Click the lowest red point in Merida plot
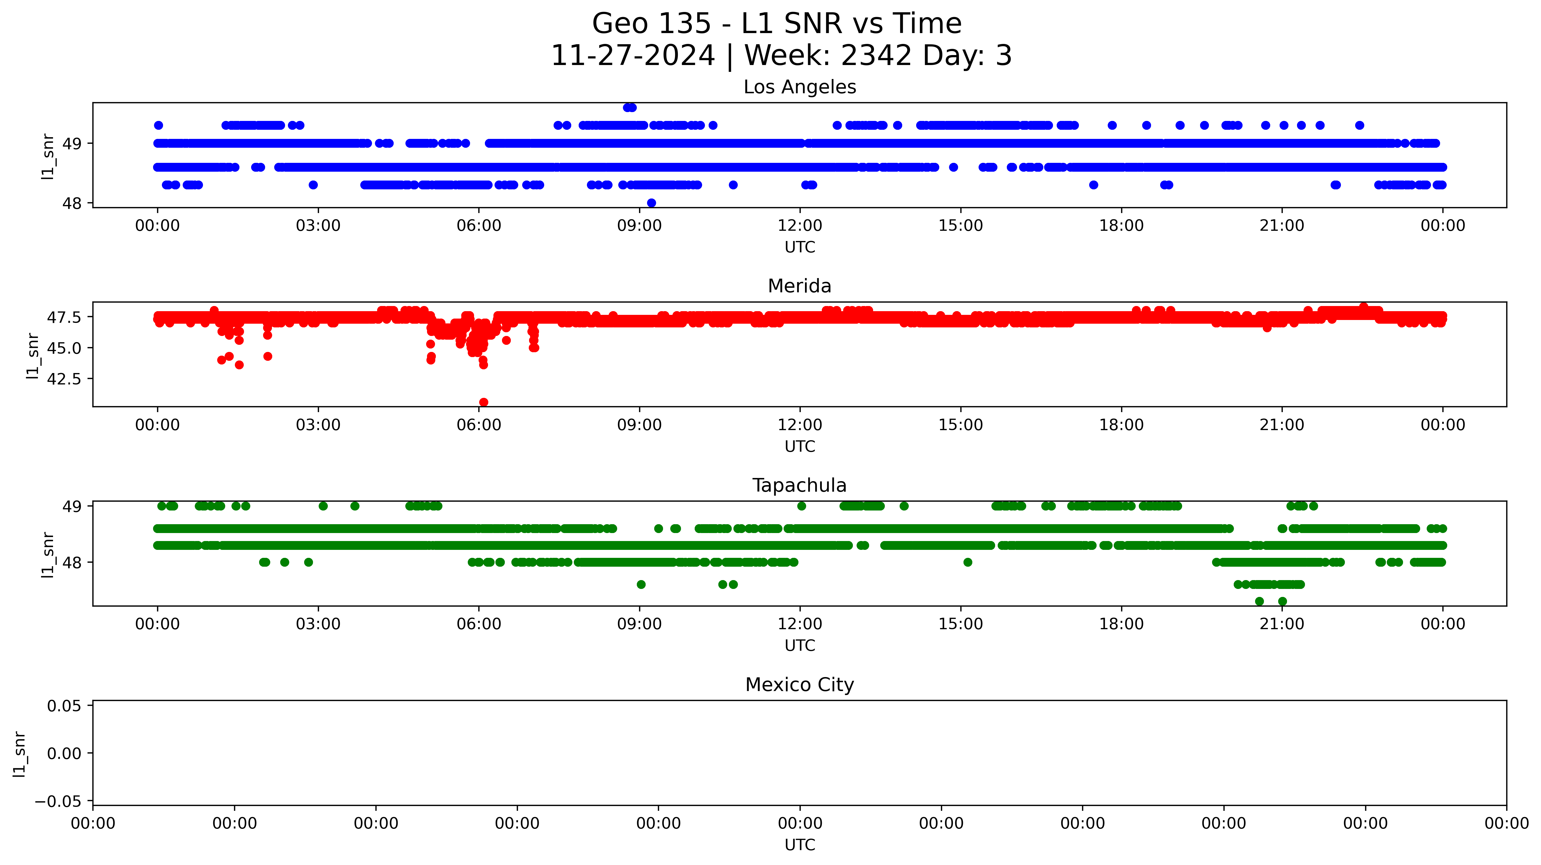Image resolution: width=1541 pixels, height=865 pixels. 483,402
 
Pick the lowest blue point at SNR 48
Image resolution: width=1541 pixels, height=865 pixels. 651,203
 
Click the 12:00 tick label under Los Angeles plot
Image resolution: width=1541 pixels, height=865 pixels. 800,226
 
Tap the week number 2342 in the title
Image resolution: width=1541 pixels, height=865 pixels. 876,56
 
